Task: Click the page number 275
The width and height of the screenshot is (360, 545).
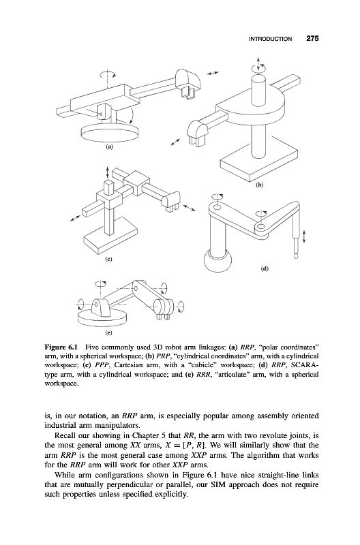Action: (312, 39)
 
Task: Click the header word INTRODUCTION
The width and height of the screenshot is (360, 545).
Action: (270, 39)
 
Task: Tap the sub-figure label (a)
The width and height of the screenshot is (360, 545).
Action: (110, 147)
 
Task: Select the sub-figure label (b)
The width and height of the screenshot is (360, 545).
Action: (260, 185)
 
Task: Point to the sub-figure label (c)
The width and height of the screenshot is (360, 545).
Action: (109, 259)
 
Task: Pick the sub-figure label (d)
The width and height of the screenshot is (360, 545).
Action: (265, 268)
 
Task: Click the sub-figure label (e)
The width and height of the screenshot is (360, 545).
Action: (109, 333)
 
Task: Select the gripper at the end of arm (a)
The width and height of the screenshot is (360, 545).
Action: (187, 83)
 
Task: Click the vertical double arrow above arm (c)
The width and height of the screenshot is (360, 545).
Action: (108, 172)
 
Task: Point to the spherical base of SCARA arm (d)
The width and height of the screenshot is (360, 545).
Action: (217, 262)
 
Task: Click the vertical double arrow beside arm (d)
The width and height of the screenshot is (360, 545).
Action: (304, 236)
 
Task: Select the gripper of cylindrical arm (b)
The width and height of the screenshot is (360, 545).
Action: (198, 132)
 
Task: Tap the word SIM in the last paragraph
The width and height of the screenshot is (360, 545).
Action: (217, 484)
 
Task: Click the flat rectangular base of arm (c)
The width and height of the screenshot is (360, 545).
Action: (110, 238)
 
